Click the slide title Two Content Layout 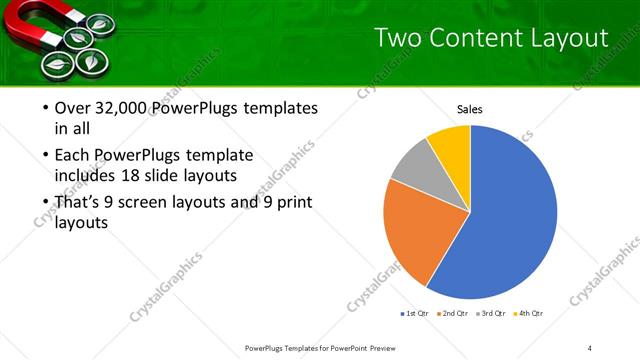pos(490,39)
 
